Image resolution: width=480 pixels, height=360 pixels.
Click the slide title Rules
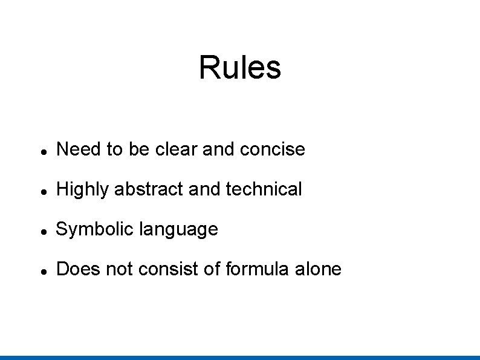click(x=240, y=67)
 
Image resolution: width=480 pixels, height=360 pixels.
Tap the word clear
click(x=177, y=149)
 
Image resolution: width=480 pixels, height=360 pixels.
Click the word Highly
click(x=83, y=189)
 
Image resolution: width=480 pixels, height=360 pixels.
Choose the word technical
click(x=264, y=189)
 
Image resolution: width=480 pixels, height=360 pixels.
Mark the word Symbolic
click(x=95, y=229)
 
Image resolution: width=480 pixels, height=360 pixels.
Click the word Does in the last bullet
click(x=78, y=269)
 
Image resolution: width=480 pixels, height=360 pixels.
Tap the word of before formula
click(x=212, y=269)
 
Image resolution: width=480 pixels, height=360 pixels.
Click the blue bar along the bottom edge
click(x=240, y=357)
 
